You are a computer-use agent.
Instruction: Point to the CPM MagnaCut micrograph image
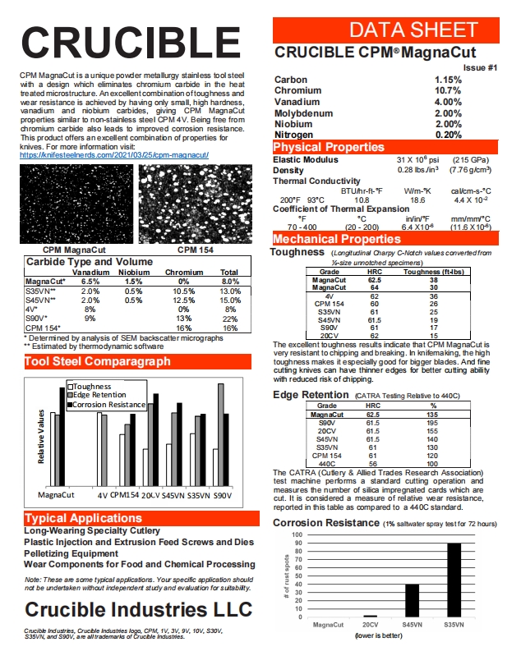(x=76, y=204)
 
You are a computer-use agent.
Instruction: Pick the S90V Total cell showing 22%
(x=229, y=319)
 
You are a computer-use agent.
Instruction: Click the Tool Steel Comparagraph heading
(x=98, y=361)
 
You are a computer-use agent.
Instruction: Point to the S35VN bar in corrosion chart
(x=454, y=580)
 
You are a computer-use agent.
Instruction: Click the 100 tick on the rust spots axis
(x=297, y=534)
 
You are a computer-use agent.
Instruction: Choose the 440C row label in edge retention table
(x=326, y=463)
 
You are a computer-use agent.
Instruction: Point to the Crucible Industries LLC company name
(x=139, y=609)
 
